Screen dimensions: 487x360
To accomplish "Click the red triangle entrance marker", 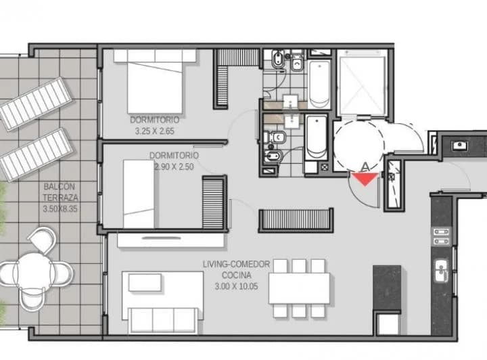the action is point(365,179).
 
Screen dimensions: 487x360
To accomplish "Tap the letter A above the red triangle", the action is point(365,167).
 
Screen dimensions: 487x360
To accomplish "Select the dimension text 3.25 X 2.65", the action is point(155,131).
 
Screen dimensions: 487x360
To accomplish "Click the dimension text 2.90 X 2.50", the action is point(175,166).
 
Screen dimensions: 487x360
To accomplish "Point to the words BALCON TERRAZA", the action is point(60,192).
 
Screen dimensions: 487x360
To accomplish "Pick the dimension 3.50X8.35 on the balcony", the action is point(60,208).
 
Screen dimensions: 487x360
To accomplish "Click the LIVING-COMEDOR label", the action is point(236,264).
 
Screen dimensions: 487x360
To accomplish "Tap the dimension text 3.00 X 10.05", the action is point(236,286).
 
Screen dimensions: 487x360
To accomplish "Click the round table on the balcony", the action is point(32,270).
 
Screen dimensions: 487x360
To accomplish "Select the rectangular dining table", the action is point(299,288).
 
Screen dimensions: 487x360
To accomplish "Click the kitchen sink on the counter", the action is point(441,271).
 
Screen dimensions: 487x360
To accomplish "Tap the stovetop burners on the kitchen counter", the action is point(441,236).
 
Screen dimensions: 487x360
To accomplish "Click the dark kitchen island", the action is point(387,288).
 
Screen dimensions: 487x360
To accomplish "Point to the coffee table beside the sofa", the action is point(145,283).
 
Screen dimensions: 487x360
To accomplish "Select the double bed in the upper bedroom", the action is point(155,81).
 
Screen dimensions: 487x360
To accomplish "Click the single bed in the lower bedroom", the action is point(139,194).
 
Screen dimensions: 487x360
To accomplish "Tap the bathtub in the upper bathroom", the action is point(319,84).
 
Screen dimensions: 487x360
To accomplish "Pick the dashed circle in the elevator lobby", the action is point(358,145).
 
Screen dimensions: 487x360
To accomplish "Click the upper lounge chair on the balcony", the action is point(37,104).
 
